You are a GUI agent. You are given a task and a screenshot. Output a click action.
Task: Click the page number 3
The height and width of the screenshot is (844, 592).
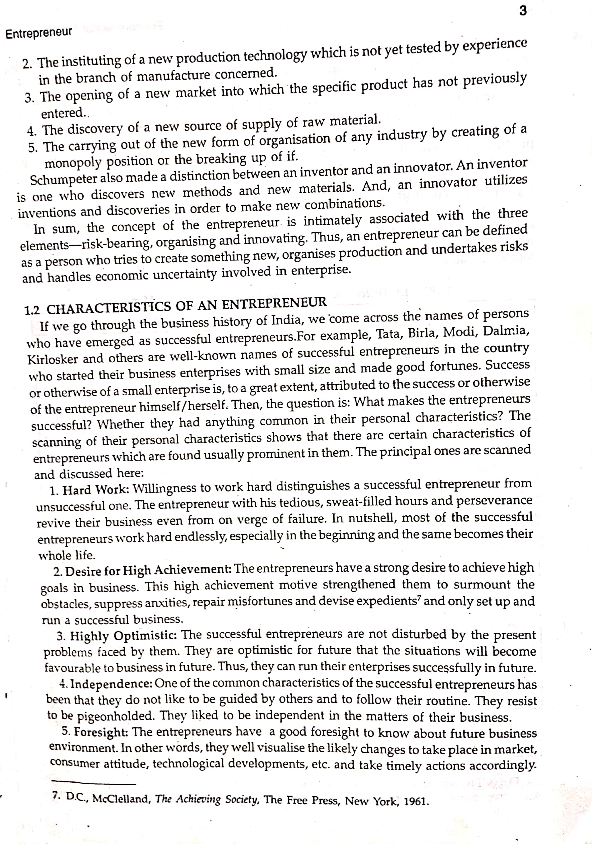(523, 11)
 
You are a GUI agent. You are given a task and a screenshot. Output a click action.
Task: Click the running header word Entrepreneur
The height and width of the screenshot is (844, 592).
(39, 33)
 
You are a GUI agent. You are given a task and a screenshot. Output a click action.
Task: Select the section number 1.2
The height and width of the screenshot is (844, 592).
(32, 310)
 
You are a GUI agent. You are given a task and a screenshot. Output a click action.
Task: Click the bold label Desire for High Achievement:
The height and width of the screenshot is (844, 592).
(148, 570)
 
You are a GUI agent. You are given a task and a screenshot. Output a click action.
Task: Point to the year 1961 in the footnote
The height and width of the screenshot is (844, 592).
(416, 801)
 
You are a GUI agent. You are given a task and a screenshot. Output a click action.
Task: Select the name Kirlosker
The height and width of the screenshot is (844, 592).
(53, 359)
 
